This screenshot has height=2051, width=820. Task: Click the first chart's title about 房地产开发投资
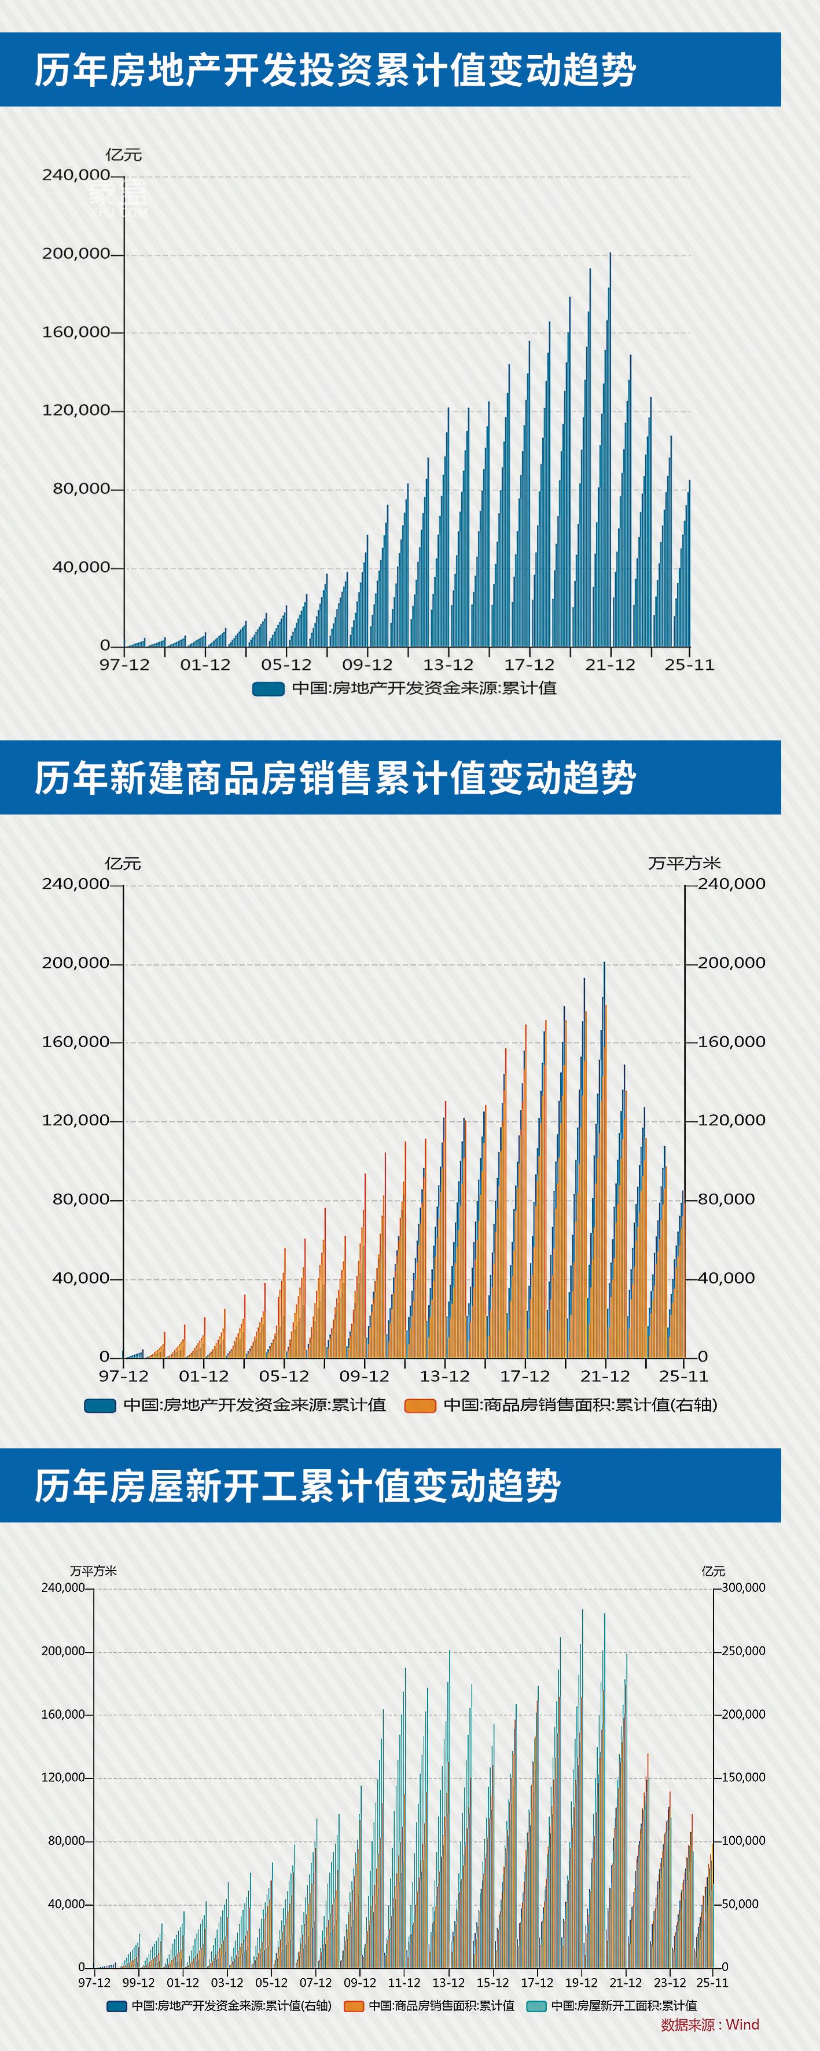coord(334,70)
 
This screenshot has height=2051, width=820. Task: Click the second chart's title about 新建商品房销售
coord(334,778)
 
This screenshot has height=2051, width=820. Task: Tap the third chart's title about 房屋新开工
coord(297,1485)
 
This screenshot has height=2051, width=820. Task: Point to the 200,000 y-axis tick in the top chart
coord(76,254)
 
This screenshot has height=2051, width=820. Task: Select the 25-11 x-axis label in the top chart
coord(689,665)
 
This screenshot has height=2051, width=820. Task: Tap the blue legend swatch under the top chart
coord(269,689)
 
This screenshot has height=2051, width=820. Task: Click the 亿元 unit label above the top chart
coord(123,155)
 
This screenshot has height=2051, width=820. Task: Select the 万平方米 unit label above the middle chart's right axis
coord(684,864)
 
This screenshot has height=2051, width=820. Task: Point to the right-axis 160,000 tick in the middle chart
coord(731,1042)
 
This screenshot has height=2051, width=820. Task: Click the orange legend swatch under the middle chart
coord(420,1406)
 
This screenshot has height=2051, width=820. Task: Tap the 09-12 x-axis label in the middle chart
coord(364,1377)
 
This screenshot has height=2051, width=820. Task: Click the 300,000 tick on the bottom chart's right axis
coord(743,1588)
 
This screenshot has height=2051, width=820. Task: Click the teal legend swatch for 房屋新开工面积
coord(536,2006)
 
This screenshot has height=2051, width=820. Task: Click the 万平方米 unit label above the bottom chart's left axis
coord(93,1571)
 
